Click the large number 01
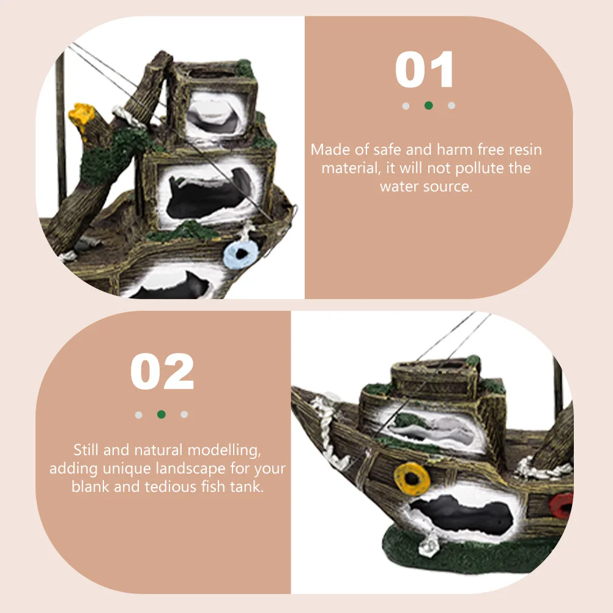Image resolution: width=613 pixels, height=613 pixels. (x=425, y=70)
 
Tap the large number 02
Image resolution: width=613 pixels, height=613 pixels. (x=162, y=373)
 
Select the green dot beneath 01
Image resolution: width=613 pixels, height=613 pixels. (x=428, y=105)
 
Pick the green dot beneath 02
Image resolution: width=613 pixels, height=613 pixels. (x=162, y=414)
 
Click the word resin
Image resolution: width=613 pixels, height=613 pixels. (x=524, y=150)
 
